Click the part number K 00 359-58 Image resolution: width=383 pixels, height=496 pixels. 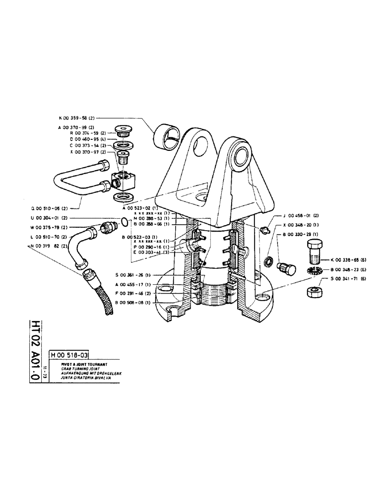tap(74, 119)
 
